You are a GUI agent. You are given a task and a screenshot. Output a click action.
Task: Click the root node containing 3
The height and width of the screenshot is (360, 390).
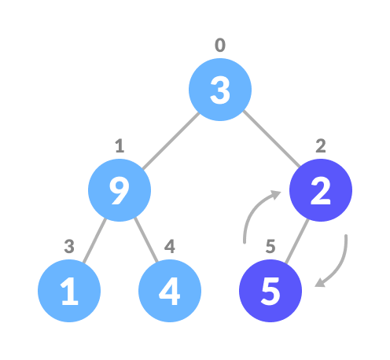tap(220, 90)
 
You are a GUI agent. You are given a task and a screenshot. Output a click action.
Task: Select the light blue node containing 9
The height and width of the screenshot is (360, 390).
tap(120, 190)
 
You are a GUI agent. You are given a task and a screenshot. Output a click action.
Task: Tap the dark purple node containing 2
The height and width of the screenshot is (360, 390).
tap(321, 190)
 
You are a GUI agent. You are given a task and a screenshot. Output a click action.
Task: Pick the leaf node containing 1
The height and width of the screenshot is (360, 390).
tap(69, 291)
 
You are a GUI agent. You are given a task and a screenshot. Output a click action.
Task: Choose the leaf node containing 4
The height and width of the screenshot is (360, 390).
tap(170, 291)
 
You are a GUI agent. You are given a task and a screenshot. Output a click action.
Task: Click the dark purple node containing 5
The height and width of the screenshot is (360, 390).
tap(270, 291)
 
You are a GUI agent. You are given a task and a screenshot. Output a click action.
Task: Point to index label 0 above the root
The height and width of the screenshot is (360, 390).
tap(220, 45)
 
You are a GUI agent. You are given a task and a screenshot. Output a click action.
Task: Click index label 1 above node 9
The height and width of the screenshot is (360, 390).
tap(120, 146)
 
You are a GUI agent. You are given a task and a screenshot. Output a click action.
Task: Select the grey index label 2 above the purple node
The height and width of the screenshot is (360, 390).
tap(321, 146)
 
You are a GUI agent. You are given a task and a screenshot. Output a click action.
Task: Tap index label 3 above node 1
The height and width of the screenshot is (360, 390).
tap(69, 247)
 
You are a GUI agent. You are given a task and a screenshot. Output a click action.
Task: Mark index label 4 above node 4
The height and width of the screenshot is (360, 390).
tap(170, 247)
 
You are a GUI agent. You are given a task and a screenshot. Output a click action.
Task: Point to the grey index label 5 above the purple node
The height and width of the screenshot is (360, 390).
tap(270, 247)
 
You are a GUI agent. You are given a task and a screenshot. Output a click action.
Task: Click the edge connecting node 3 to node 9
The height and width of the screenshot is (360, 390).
tap(171, 141)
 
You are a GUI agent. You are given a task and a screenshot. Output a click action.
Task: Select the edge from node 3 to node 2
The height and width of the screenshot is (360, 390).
tap(271, 139)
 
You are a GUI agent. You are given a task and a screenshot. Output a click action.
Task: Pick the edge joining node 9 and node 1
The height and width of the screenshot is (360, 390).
tap(94, 241)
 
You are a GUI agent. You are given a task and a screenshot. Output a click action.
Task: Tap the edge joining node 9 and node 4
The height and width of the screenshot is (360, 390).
tap(146, 240)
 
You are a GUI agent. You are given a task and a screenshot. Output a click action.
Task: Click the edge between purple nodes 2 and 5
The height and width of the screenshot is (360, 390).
tap(297, 241)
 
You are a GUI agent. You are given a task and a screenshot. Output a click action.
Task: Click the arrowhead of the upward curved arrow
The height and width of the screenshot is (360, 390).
tap(276, 194)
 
